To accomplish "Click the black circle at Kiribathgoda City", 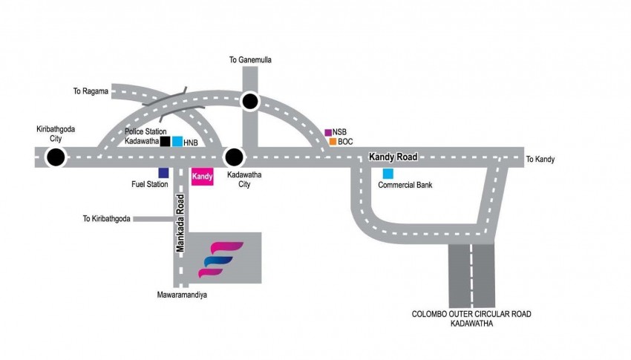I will coord(54,157).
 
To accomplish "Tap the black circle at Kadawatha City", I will coord(235,157).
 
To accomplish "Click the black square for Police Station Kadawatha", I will coord(165,141).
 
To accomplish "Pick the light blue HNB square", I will coord(177,141).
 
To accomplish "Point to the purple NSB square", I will coord(328,132).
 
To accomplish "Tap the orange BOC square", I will coord(333,141).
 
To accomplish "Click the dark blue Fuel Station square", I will coord(163,173).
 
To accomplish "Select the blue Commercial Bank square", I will coord(388,174).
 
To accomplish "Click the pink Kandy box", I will coord(202,178).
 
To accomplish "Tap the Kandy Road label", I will coord(394,157).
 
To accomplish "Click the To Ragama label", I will coord(91,91).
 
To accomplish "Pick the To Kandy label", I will coord(540,160).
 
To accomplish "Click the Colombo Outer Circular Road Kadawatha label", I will coord(472,318).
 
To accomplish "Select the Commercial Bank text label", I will coord(405,186).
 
